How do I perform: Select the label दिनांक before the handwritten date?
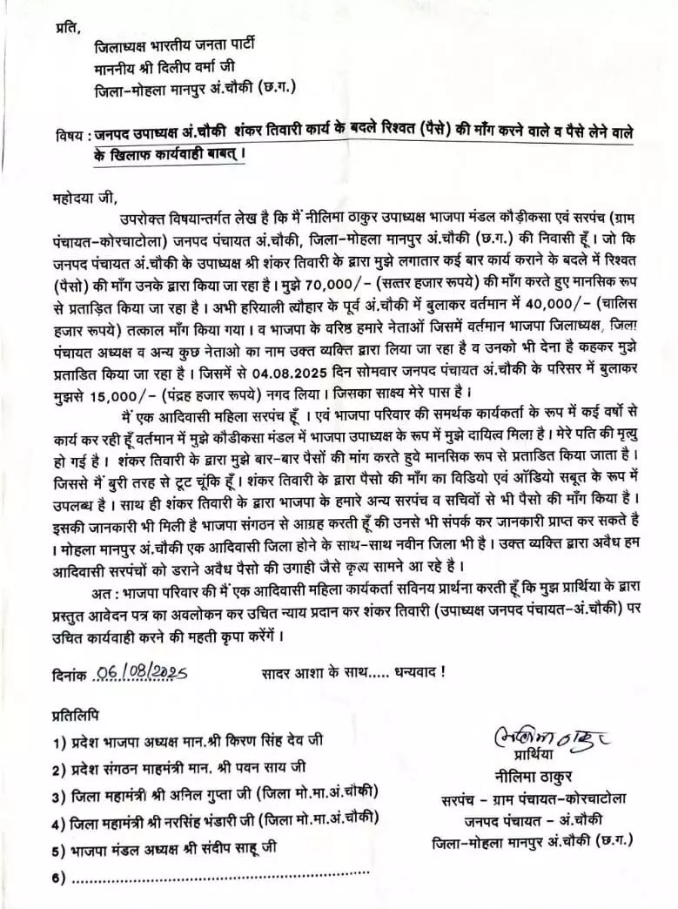(70, 672)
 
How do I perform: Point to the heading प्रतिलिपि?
(75, 715)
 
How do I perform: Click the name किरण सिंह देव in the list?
(265, 740)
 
